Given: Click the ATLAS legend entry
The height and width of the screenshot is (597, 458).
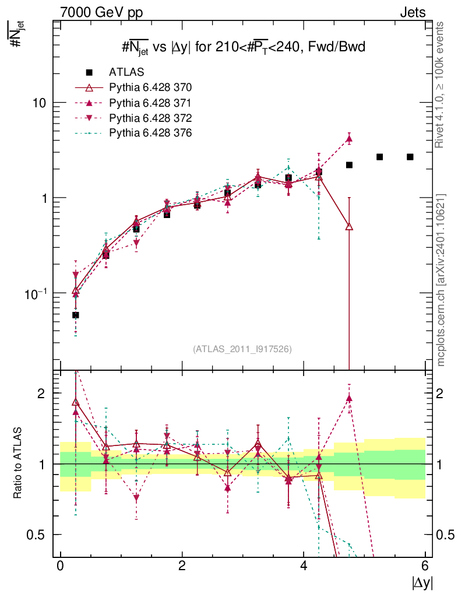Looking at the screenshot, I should [x=126, y=72].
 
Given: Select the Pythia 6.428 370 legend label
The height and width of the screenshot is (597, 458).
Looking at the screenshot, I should [x=150, y=87].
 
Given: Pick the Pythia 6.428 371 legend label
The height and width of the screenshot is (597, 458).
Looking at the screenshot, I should [x=150, y=103].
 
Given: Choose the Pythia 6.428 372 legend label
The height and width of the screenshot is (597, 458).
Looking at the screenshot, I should [x=150, y=118].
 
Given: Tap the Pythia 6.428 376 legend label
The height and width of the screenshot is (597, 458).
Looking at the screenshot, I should [x=150, y=133].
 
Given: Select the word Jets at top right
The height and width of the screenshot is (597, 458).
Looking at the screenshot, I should [x=412, y=12].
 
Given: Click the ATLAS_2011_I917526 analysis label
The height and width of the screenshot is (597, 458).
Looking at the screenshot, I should [x=242, y=349].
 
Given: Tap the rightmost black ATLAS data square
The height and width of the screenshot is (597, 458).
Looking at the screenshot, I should [x=410, y=157].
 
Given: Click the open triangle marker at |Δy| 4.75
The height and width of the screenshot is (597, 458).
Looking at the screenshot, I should [x=349, y=226].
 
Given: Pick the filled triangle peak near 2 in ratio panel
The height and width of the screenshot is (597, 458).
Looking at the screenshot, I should [x=349, y=399].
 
